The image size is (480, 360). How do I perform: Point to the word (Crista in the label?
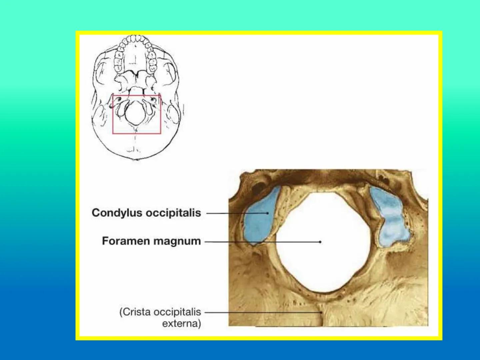[x=135, y=312]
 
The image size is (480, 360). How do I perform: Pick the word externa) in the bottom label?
[x=181, y=323]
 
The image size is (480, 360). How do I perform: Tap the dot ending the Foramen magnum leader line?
[x=320, y=242]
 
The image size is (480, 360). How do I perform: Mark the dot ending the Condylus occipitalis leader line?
[x=267, y=213]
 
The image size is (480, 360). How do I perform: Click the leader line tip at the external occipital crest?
[x=321, y=313]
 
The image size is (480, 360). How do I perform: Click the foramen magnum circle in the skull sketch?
[x=136, y=114]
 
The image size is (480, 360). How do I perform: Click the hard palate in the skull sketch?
[x=135, y=60]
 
